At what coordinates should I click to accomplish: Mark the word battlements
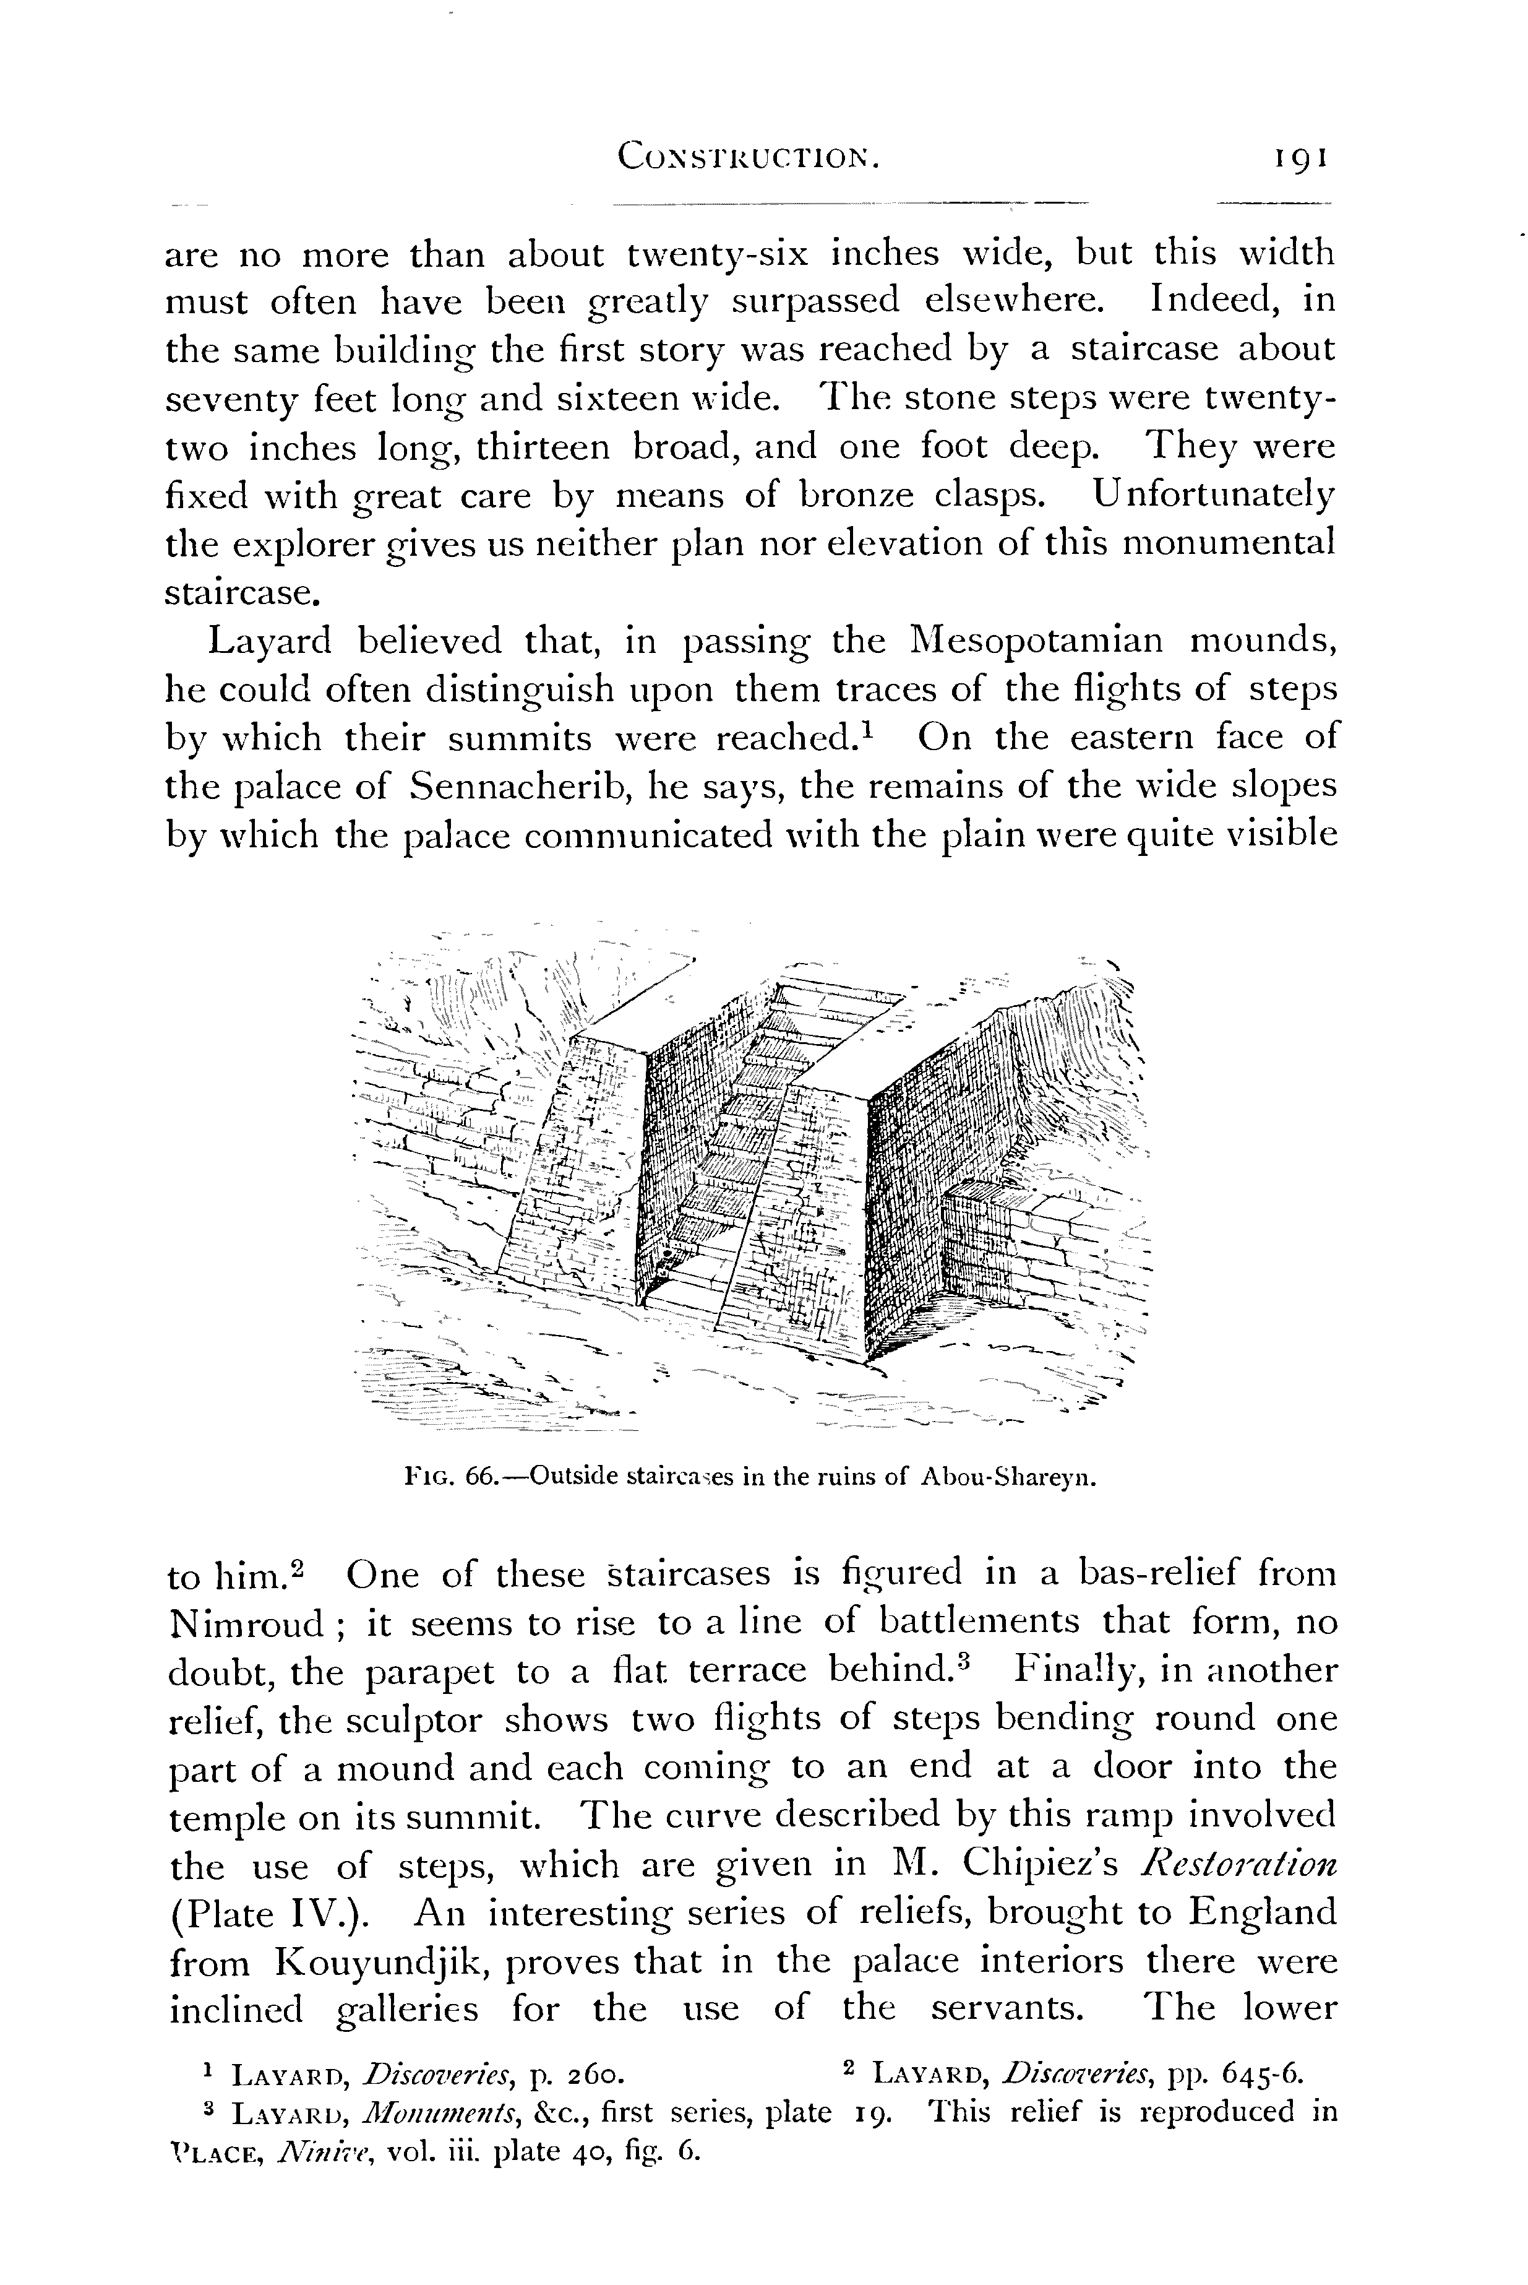coord(979,1622)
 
